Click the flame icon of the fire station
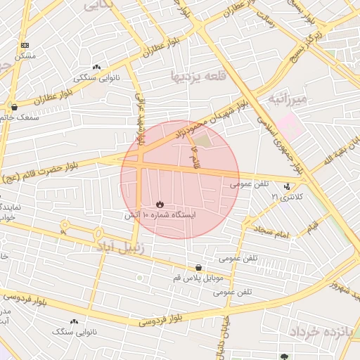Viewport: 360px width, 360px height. [160, 205]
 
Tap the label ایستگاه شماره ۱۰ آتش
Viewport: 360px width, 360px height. [160, 214]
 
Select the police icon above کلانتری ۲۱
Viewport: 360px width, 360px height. [287, 187]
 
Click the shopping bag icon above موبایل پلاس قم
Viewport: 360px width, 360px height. [199, 268]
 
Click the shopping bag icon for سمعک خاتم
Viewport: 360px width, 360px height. [14, 108]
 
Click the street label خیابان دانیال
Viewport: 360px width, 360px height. [227, 335]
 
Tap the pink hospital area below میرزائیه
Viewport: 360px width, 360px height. [293, 124]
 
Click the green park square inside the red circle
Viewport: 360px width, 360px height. [202, 141]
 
